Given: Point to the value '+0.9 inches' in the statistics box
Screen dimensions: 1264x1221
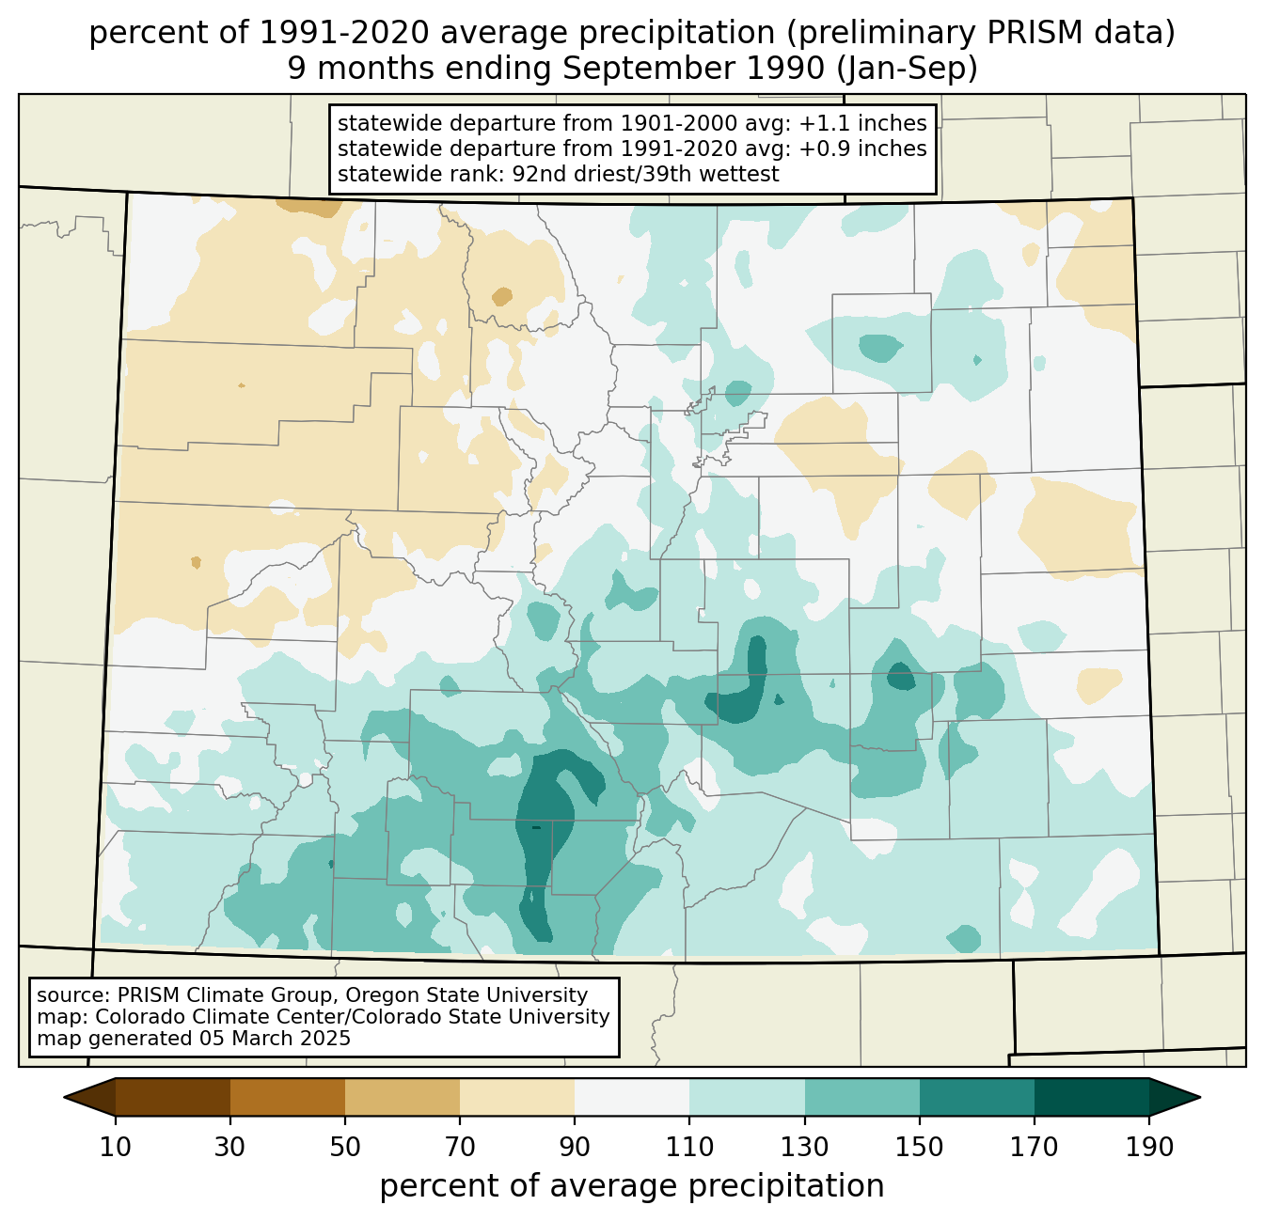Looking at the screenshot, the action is (x=862, y=149).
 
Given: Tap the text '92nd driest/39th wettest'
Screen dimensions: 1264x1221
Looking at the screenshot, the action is (x=645, y=174).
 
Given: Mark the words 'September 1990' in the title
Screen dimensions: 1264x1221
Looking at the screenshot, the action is (x=693, y=69).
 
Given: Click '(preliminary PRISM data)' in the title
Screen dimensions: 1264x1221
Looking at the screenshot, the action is (x=981, y=33).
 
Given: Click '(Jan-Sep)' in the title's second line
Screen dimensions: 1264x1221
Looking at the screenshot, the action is (x=907, y=69).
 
